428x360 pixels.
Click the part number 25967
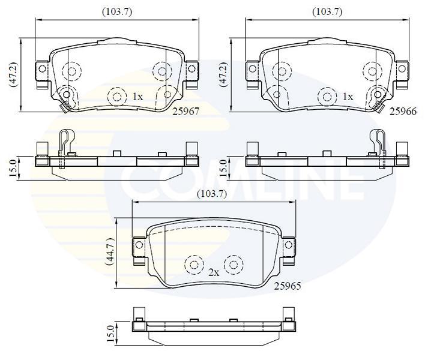click(186, 112)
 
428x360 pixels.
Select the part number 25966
click(403, 112)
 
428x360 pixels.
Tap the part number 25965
click(288, 286)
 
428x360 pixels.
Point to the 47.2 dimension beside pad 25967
click(14, 75)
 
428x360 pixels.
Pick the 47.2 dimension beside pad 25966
click(224, 75)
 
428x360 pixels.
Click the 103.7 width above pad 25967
click(117, 12)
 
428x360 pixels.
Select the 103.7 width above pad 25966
click(327, 12)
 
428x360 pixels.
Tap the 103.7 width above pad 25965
click(211, 194)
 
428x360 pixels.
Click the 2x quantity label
click(214, 272)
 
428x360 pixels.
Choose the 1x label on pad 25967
click(137, 97)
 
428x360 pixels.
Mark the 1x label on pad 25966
click(348, 97)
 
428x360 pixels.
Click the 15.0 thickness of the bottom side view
click(111, 334)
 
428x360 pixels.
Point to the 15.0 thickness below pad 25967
click(13, 169)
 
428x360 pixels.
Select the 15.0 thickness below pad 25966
click(223, 169)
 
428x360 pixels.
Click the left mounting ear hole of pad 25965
click(139, 245)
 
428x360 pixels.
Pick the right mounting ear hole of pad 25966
click(402, 68)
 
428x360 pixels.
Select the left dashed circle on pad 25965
click(194, 265)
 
